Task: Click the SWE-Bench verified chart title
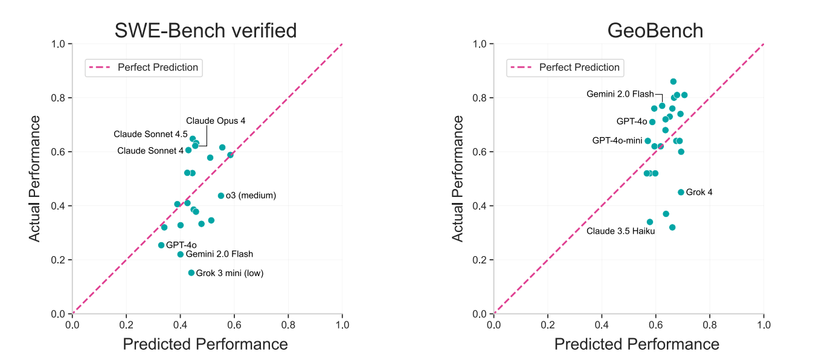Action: click(x=205, y=30)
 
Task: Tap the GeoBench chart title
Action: click(x=655, y=30)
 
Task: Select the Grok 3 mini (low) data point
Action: click(x=191, y=273)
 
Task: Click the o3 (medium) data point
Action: click(x=221, y=196)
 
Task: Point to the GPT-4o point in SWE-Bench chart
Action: click(x=161, y=245)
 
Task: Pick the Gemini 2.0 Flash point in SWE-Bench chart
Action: click(x=181, y=254)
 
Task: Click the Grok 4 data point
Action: click(x=681, y=192)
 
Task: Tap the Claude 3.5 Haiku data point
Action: click(x=650, y=222)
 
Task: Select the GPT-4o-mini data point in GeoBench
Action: click(x=648, y=141)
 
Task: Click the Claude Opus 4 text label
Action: click(x=216, y=121)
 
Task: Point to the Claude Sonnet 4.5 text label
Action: click(x=150, y=134)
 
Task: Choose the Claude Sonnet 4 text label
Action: click(x=150, y=150)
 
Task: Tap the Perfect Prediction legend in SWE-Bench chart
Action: click(x=144, y=67)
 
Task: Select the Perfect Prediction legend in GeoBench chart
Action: click(x=565, y=67)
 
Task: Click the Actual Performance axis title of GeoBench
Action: click(x=458, y=179)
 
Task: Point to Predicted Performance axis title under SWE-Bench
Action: click(x=205, y=344)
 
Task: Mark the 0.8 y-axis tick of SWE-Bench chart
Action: click(x=60, y=98)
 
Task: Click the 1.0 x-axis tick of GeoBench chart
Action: click(x=764, y=324)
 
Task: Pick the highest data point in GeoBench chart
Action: click(x=673, y=82)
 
